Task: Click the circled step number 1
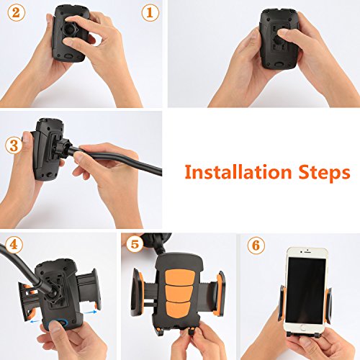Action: pyautogui.click(x=150, y=13)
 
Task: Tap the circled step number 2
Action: pyautogui.click(x=17, y=13)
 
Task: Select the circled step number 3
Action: pyautogui.click(x=14, y=145)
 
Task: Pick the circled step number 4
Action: pyautogui.click(x=14, y=245)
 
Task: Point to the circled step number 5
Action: pyautogui.click(x=135, y=245)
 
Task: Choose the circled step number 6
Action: pyautogui.click(x=256, y=246)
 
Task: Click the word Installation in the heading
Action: pyautogui.click(x=238, y=172)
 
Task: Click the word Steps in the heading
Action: pyautogui.click(x=325, y=174)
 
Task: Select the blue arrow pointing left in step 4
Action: pyautogui.click(x=35, y=321)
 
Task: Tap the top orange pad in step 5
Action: pyautogui.click(x=179, y=276)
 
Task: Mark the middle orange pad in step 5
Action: pyautogui.click(x=179, y=294)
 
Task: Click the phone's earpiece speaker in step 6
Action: pyautogui.click(x=307, y=253)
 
